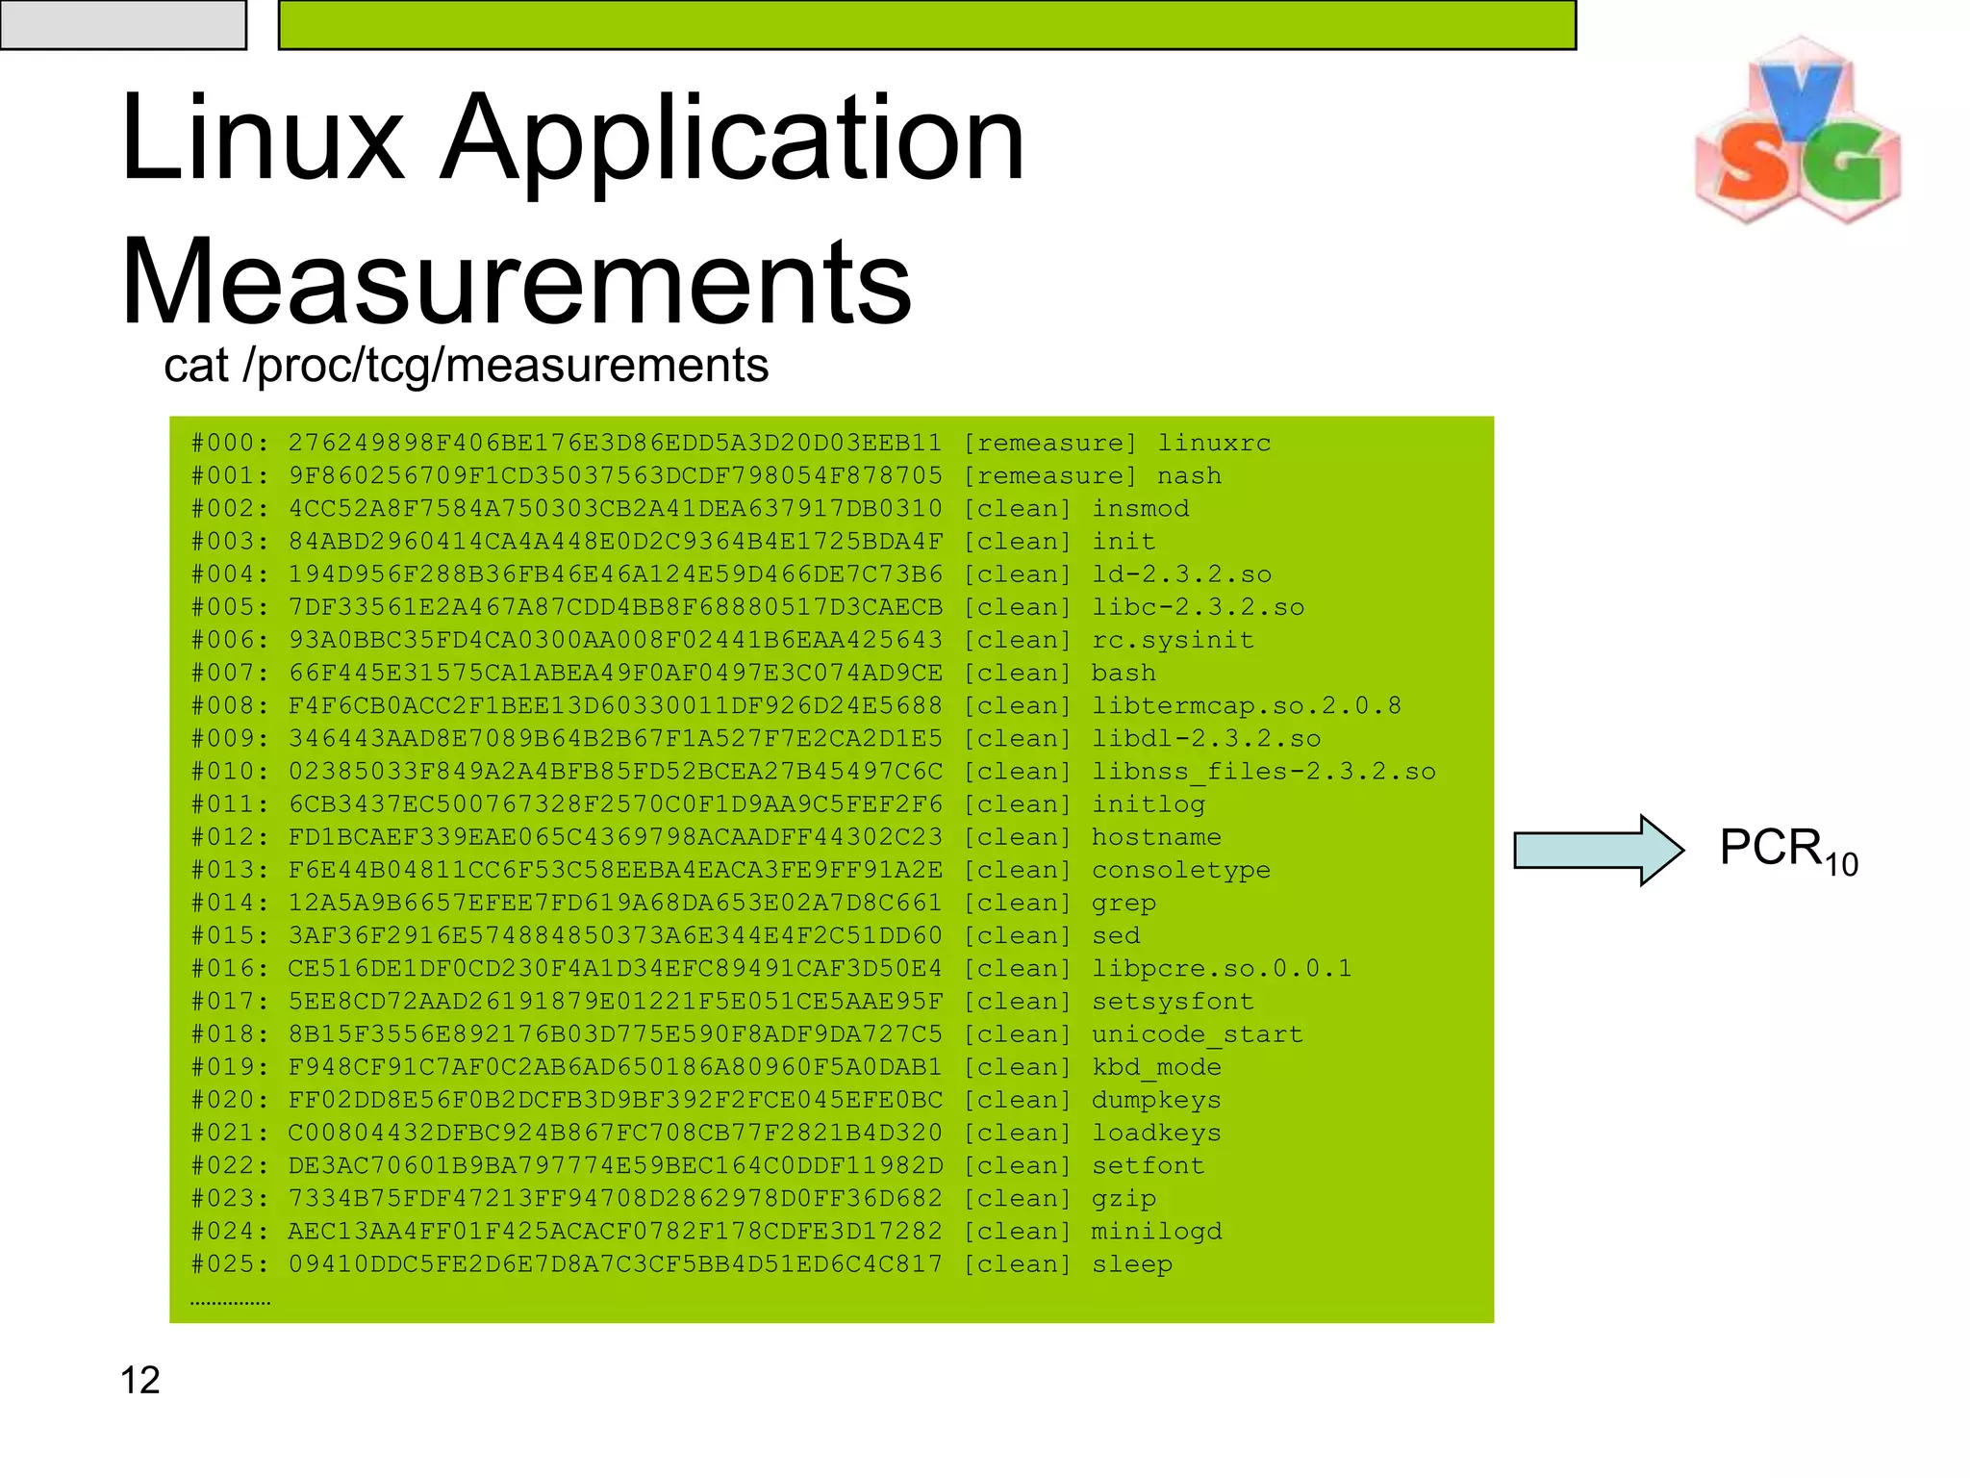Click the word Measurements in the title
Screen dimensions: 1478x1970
[x=516, y=282]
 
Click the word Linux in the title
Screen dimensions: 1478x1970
[x=262, y=138]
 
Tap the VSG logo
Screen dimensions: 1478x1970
[x=1797, y=131]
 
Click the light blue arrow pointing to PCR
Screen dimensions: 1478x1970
[x=1598, y=850]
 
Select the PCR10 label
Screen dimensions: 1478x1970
[x=1787, y=851]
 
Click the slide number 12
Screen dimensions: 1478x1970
[x=139, y=1380]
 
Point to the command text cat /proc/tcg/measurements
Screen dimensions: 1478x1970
[x=466, y=366]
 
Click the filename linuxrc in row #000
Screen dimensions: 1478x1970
[x=1214, y=444]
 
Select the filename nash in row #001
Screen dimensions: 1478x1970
[x=1189, y=476]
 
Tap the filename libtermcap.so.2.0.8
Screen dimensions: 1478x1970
[x=1246, y=706]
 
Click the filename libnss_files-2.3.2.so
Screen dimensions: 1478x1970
[x=1263, y=772]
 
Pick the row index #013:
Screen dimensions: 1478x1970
[x=230, y=870]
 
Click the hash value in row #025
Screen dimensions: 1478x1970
[x=615, y=1264]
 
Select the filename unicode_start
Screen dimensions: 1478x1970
[x=1197, y=1034]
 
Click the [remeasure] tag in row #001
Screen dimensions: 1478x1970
[x=1049, y=476]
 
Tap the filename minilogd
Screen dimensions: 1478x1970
[x=1156, y=1232]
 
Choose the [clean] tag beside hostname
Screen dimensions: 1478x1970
[x=1017, y=837]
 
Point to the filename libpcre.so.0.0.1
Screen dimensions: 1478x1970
[x=1222, y=969]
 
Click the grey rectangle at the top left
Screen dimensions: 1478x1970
[x=123, y=24]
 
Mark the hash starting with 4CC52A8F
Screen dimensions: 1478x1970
[x=615, y=509]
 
